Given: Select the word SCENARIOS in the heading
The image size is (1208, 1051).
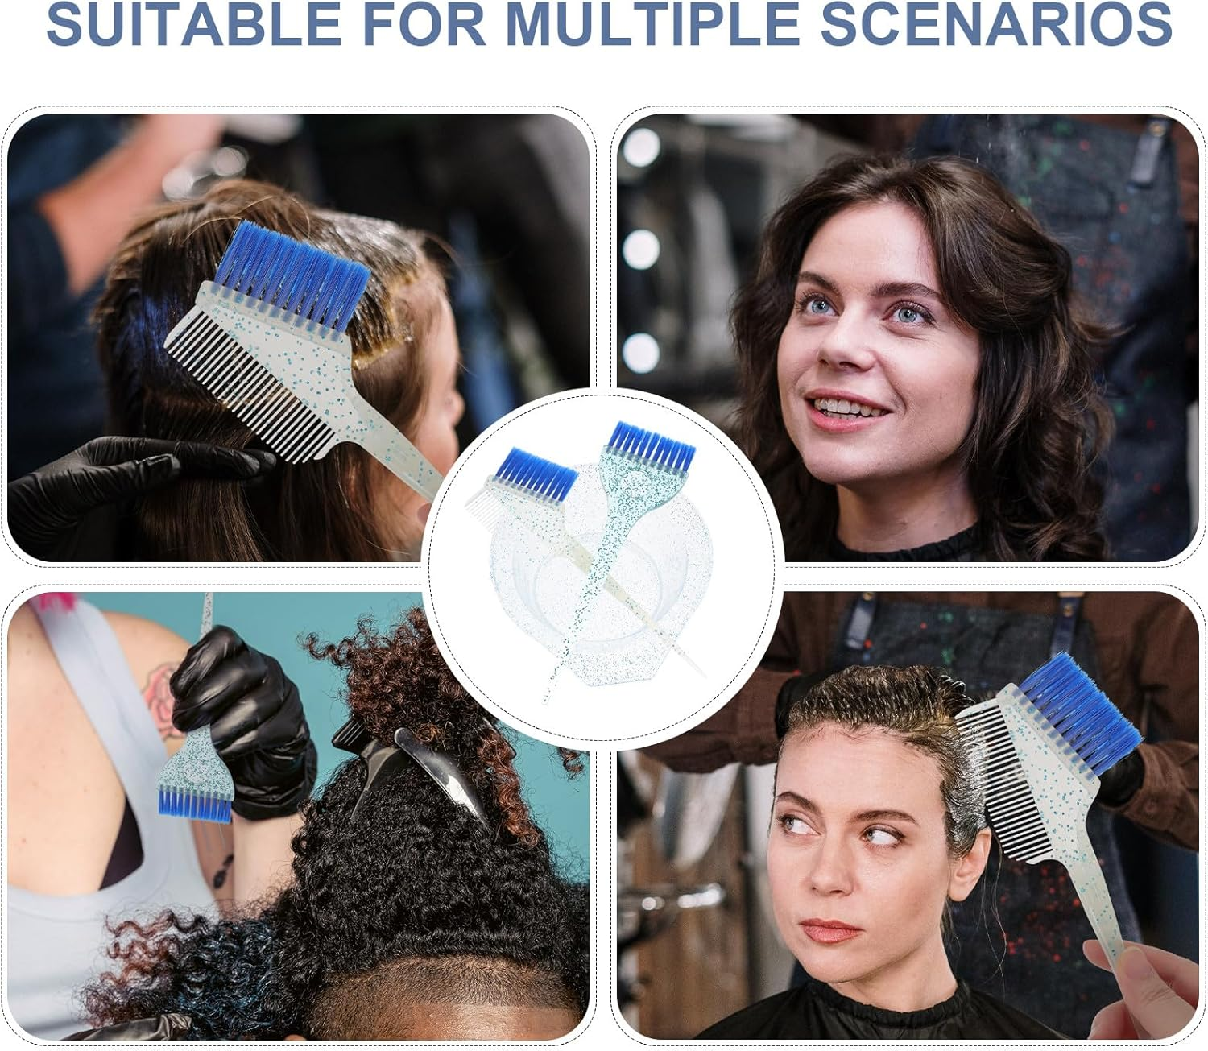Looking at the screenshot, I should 995,24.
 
